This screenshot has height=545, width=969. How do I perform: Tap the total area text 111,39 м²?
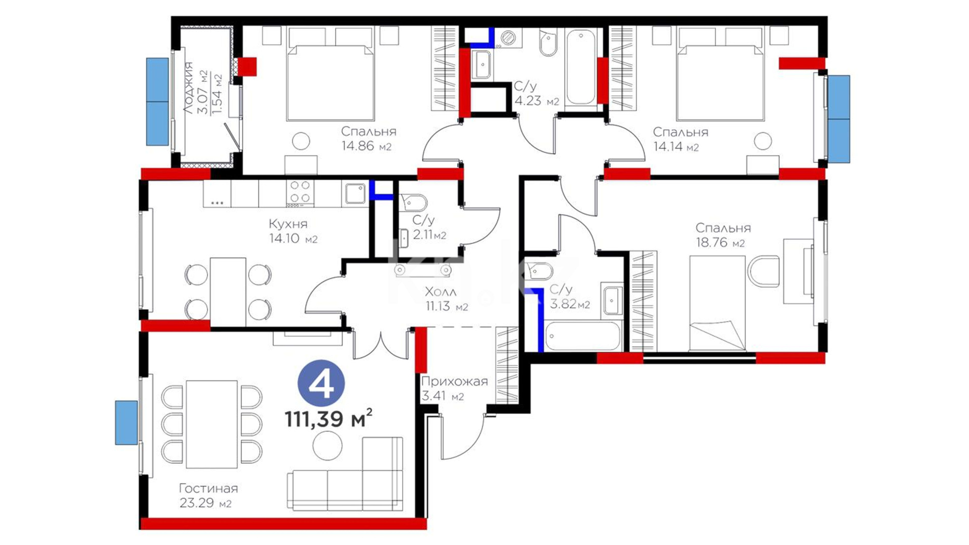click(x=329, y=418)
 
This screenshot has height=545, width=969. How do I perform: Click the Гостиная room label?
click(x=208, y=488)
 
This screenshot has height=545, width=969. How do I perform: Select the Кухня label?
click(x=288, y=224)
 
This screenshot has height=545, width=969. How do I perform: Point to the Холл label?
click(x=441, y=292)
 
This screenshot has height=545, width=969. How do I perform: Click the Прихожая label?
click(x=454, y=381)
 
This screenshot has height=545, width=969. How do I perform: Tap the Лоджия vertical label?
click(x=188, y=88)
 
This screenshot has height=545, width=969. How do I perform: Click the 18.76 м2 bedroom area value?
click(x=720, y=243)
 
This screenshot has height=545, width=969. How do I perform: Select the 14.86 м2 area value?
click(x=366, y=146)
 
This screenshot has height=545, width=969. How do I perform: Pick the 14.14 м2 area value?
click(x=675, y=147)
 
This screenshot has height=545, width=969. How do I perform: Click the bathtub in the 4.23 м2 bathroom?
click(x=580, y=68)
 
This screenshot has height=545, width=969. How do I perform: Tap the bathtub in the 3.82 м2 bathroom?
click(x=582, y=336)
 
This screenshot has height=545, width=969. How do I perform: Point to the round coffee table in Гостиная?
click(x=327, y=445)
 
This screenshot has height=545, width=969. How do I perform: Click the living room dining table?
click(x=211, y=424)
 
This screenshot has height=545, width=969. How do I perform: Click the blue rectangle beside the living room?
click(x=126, y=423)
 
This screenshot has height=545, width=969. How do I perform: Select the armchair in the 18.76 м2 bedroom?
click(x=764, y=271)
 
